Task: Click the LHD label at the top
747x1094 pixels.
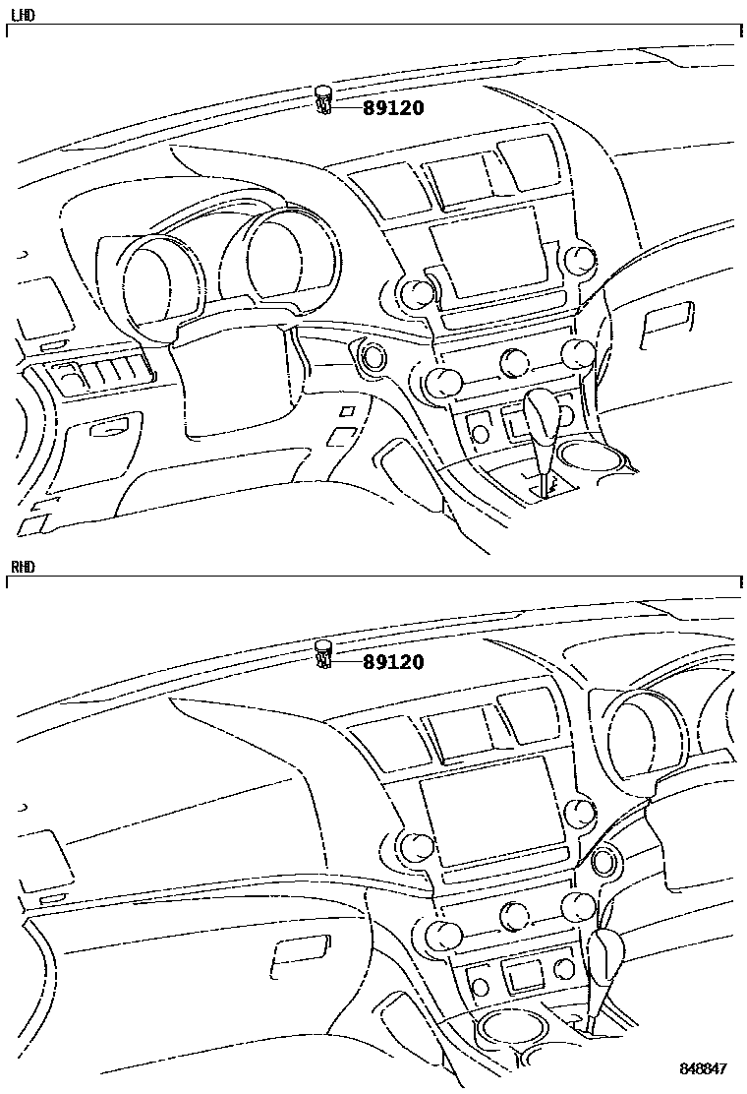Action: [x=23, y=15]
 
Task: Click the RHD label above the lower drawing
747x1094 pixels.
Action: [x=23, y=567]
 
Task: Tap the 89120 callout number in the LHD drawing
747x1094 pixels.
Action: [x=393, y=107]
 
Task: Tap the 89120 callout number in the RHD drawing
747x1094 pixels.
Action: [x=393, y=661]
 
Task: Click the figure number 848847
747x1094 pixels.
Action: [x=704, y=1068]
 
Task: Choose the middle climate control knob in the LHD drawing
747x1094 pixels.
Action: [x=515, y=360]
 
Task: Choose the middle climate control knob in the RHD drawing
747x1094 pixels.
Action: [x=515, y=915]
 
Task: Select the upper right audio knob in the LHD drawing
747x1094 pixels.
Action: [x=581, y=261]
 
